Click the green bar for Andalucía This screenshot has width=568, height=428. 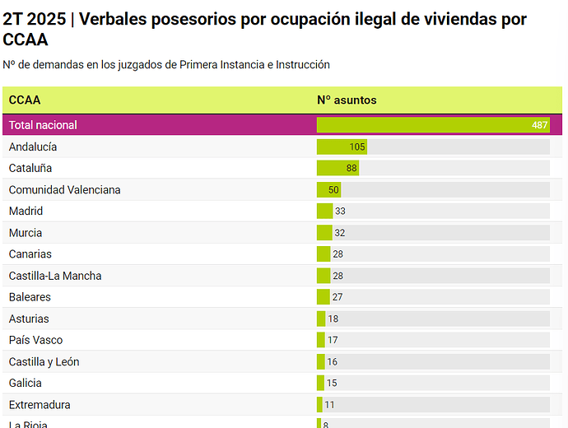342,147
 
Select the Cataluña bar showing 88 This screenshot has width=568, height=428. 338,168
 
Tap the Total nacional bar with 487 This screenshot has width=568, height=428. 433,125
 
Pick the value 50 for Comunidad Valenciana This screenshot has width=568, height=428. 333,190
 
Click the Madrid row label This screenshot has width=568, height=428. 26,212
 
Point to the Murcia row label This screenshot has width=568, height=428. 26,233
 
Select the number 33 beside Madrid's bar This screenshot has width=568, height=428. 340,212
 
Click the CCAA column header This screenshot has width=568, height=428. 25,100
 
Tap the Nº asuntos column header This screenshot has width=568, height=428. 347,100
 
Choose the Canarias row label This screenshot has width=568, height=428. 30,254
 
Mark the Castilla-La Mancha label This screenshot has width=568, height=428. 55,276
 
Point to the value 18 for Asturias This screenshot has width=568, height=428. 333,319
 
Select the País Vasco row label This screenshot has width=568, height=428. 35,340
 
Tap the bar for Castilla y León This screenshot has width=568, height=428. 321,361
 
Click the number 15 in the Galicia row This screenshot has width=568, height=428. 332,383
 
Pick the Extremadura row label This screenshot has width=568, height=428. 40,404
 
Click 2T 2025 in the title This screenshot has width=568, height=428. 34,19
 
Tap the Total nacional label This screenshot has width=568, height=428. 43,125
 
